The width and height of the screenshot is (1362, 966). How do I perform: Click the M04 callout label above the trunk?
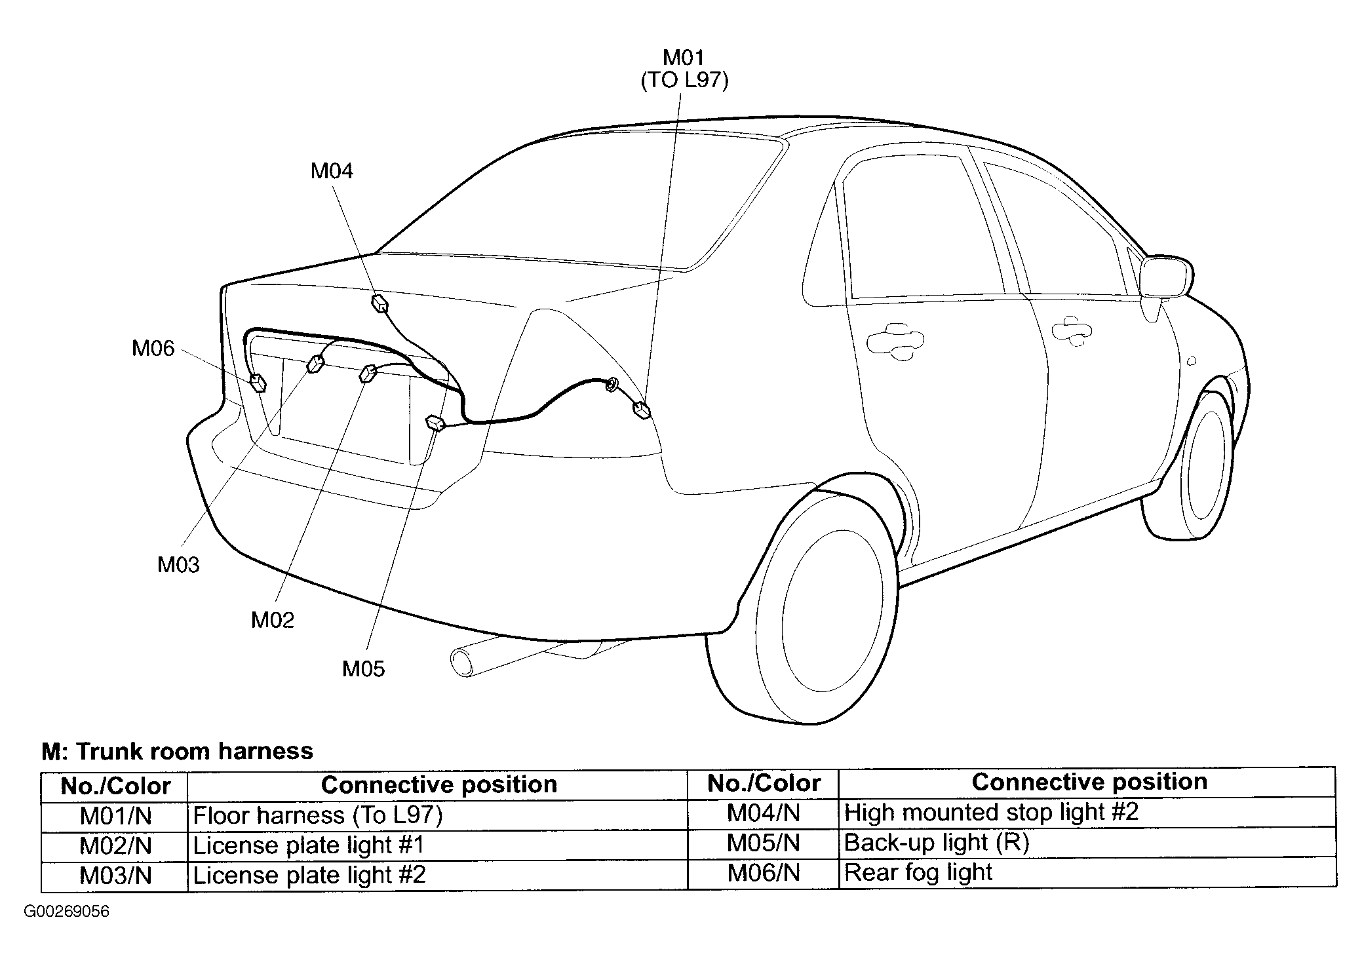pos(332,171)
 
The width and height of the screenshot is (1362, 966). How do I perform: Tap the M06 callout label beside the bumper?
pos(153,348)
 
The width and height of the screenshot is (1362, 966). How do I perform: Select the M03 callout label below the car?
pos(178,564)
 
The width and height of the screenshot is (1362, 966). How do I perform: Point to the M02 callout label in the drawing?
pos(273,619)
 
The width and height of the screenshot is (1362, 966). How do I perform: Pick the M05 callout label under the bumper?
pos(364,668)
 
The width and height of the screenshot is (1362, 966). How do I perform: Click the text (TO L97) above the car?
pos(684,81)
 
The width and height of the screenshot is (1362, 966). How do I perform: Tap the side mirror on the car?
pos(1166,277)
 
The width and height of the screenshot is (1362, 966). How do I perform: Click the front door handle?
pos(1072,328)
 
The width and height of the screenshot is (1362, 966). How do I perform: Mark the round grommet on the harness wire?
pos(611,385)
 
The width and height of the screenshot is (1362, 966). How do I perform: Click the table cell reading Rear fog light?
pos(918,872)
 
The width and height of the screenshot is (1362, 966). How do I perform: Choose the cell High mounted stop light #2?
pos(991,813)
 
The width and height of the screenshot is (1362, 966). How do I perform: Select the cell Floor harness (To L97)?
pos(318,815)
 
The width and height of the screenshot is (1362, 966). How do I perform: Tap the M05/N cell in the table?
pos(764,843)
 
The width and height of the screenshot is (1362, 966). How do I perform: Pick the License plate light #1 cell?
pos(309,845)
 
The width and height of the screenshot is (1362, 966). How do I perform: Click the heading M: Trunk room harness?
pos(178,751)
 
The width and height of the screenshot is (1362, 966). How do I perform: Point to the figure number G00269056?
pos(67,912)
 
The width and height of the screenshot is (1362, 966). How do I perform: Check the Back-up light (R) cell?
pos(937,843)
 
